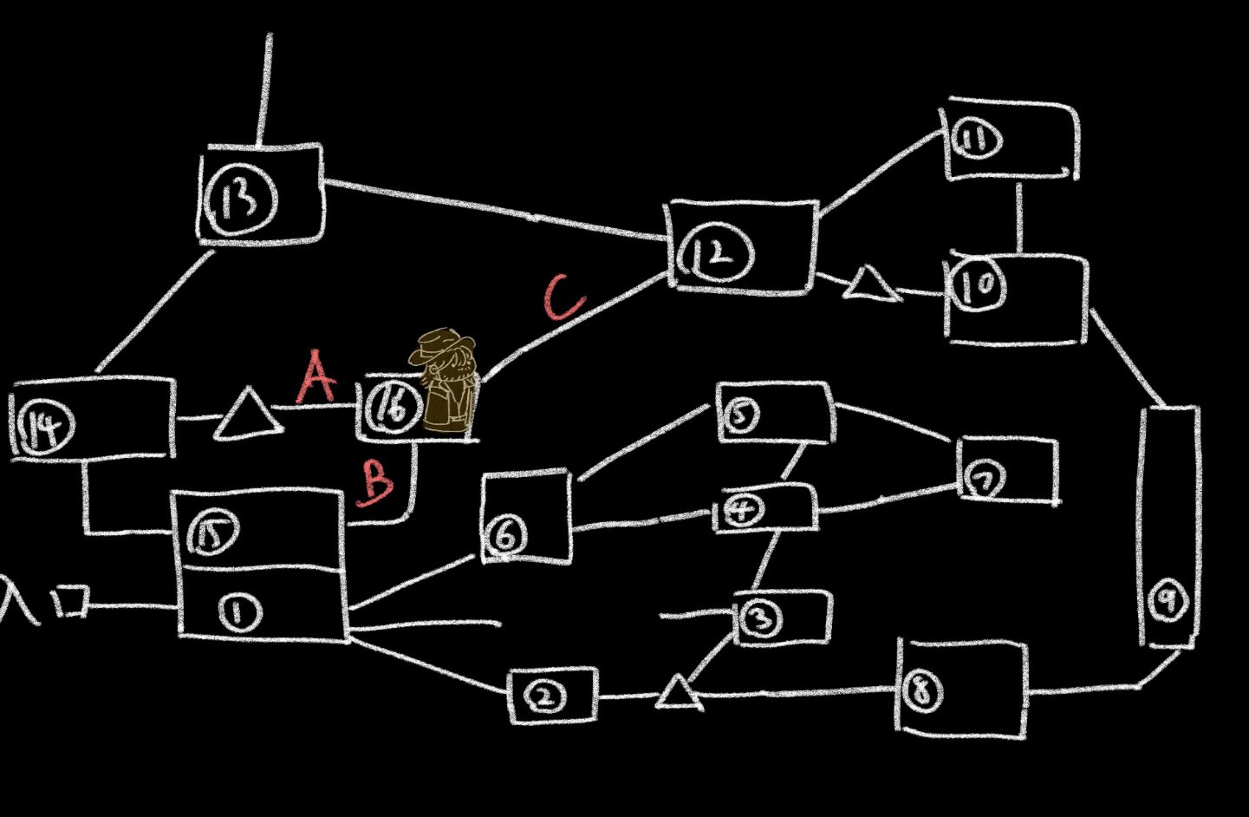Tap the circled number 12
coord(718,253)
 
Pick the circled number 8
coord(921,690)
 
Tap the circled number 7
coord(984,480)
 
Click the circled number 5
coord(739,415)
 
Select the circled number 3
coord(760,618)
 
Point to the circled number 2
coord(546,696)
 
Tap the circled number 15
coord(211,533)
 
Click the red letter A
coord(316,378)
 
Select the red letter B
coord(375,481)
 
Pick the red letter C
coord(564,297)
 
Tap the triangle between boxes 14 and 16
coord(249,415)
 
